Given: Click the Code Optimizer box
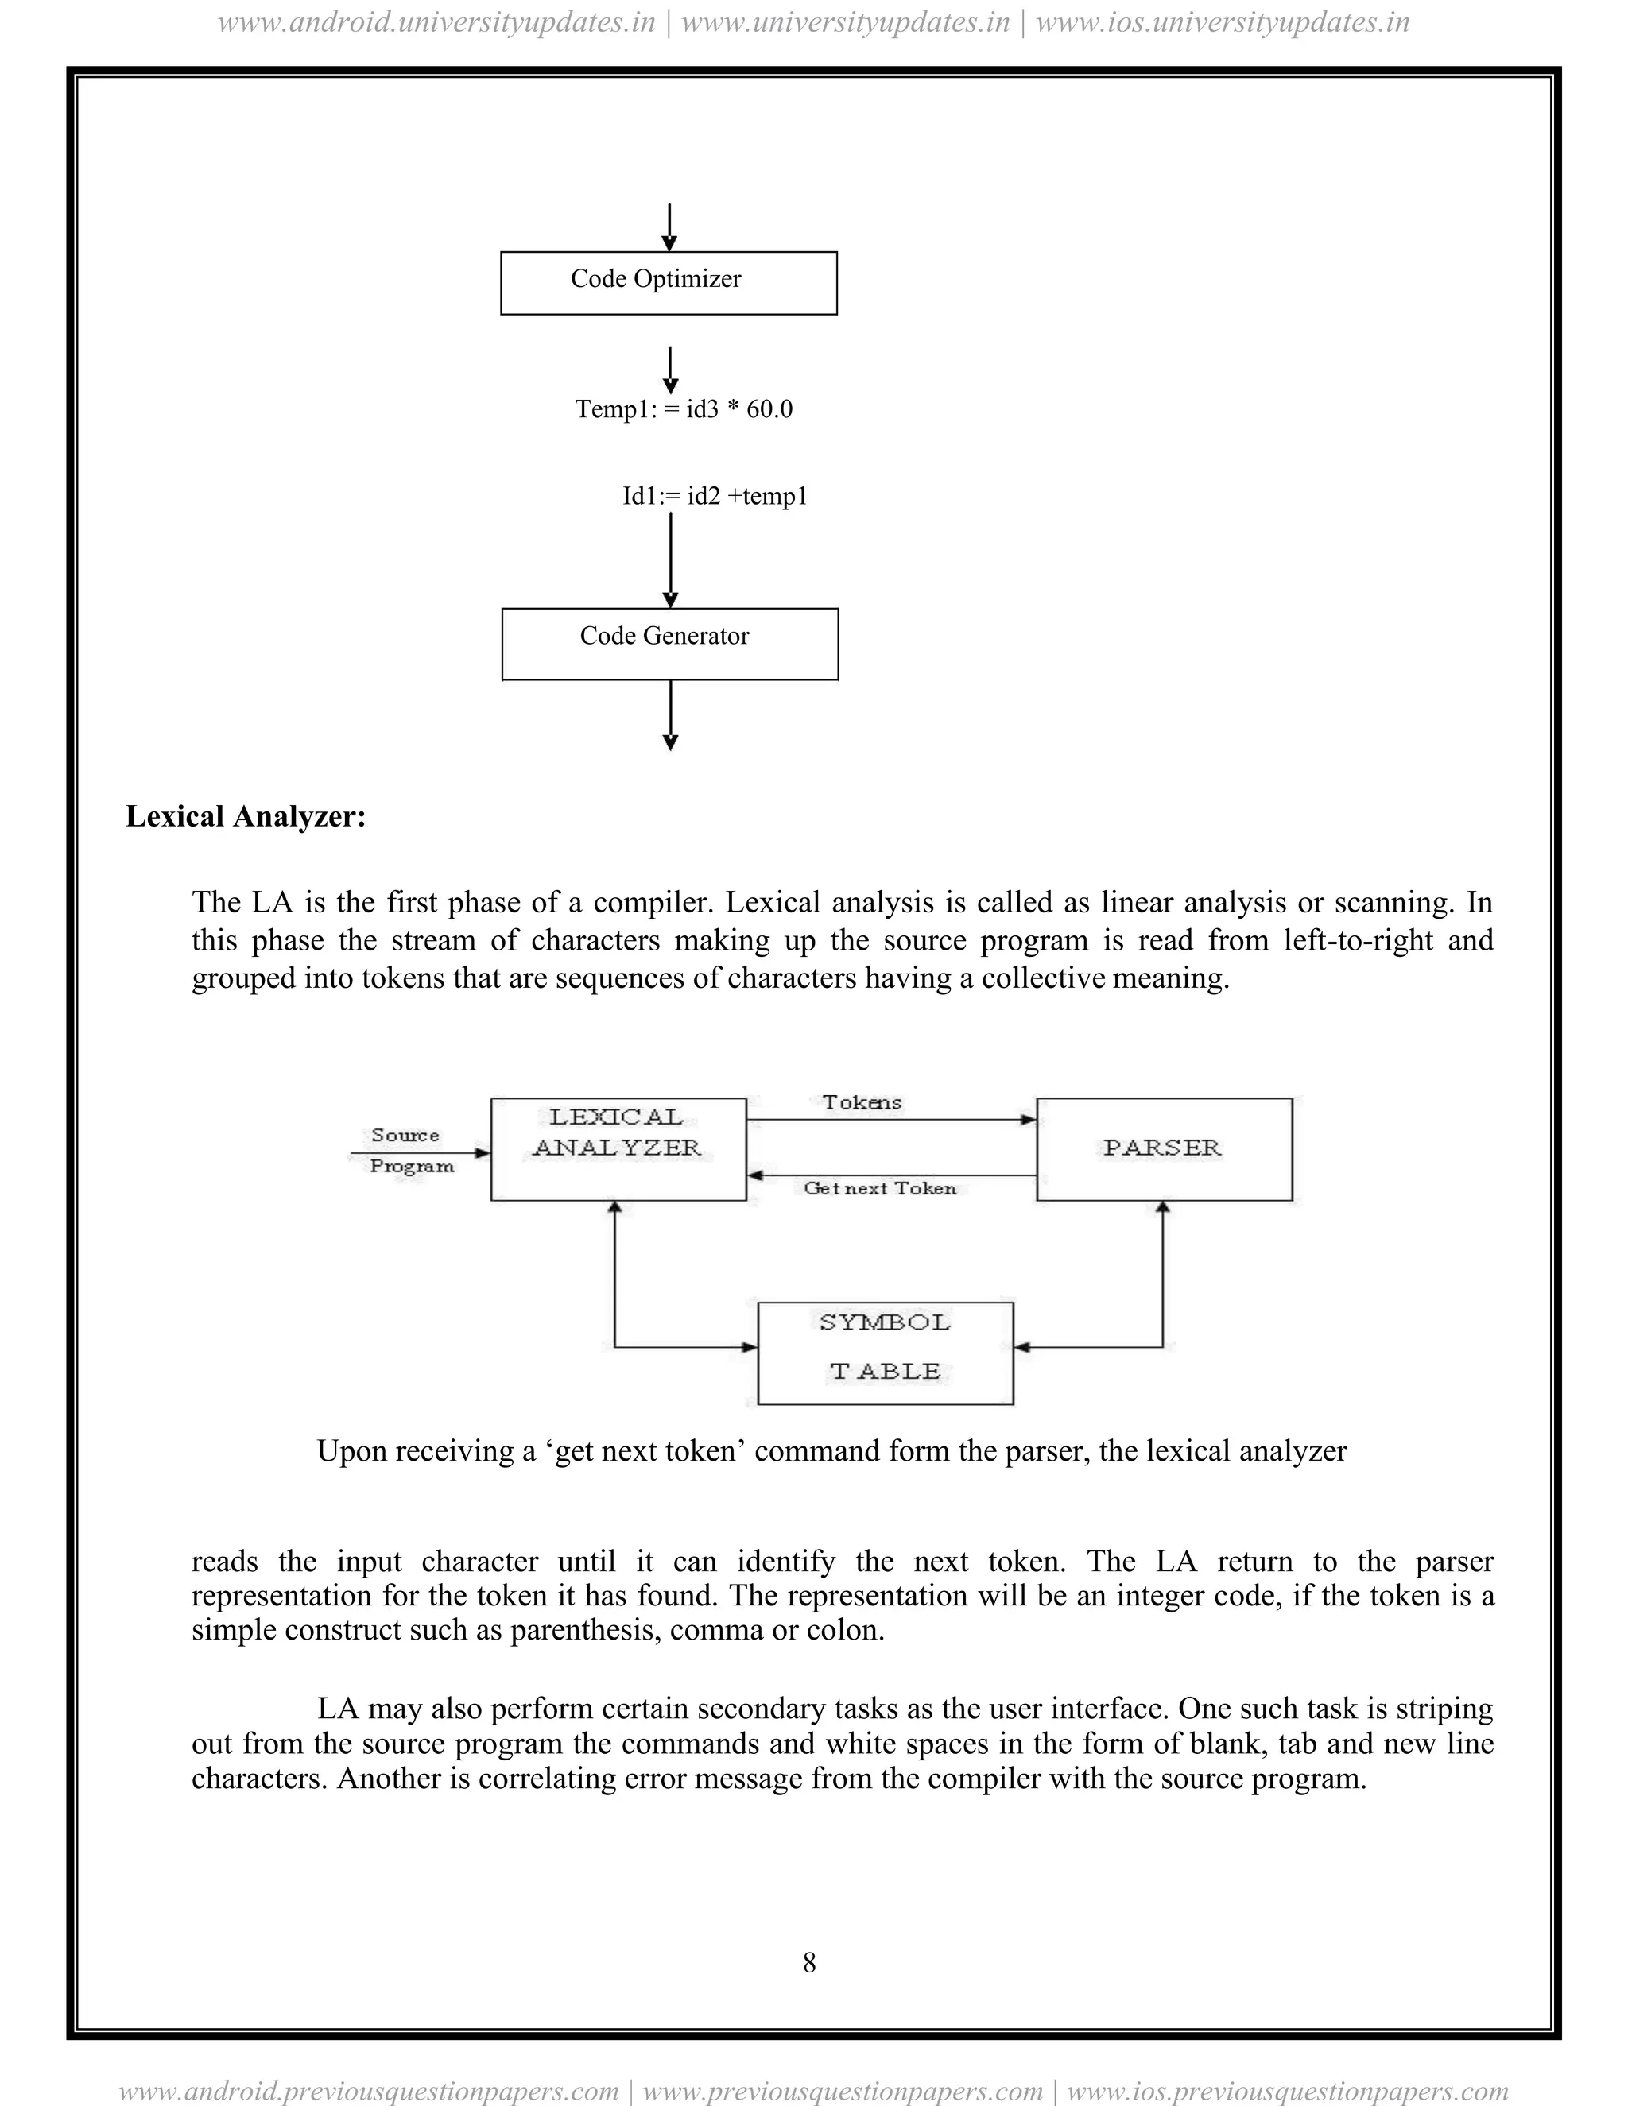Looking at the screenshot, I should (669, 283).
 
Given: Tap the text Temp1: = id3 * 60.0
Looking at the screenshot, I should (684, 408).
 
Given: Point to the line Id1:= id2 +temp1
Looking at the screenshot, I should (715, 496).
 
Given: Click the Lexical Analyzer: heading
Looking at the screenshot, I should (246, 817).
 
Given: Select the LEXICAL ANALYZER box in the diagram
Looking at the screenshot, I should (618, 1148).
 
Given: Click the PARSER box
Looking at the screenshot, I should (1163, 1148).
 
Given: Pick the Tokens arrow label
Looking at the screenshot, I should (861, 1102).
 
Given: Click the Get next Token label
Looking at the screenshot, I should (880, 1188).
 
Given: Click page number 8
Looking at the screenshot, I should (809, 1962).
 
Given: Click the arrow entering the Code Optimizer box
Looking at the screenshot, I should (669, 227).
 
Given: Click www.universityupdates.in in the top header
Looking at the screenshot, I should (845, 22).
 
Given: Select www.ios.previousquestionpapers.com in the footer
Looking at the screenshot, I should (1288, 2091).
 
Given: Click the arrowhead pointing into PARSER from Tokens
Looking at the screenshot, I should (1029, 1120).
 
